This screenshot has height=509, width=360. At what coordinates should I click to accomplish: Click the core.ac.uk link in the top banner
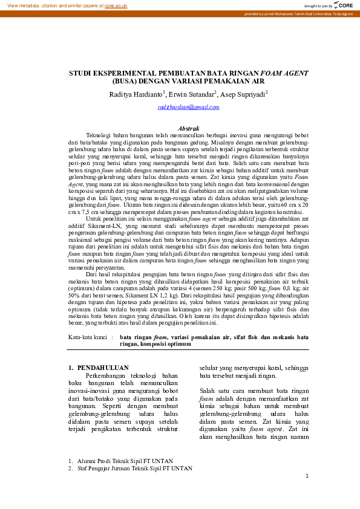[x=116, y=5]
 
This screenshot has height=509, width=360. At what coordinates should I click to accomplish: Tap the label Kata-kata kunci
[x=88, y=337]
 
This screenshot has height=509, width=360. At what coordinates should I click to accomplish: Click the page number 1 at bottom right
[x=307, y=476]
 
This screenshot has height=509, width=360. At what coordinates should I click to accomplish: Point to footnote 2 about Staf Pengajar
[x=130, y=468]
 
